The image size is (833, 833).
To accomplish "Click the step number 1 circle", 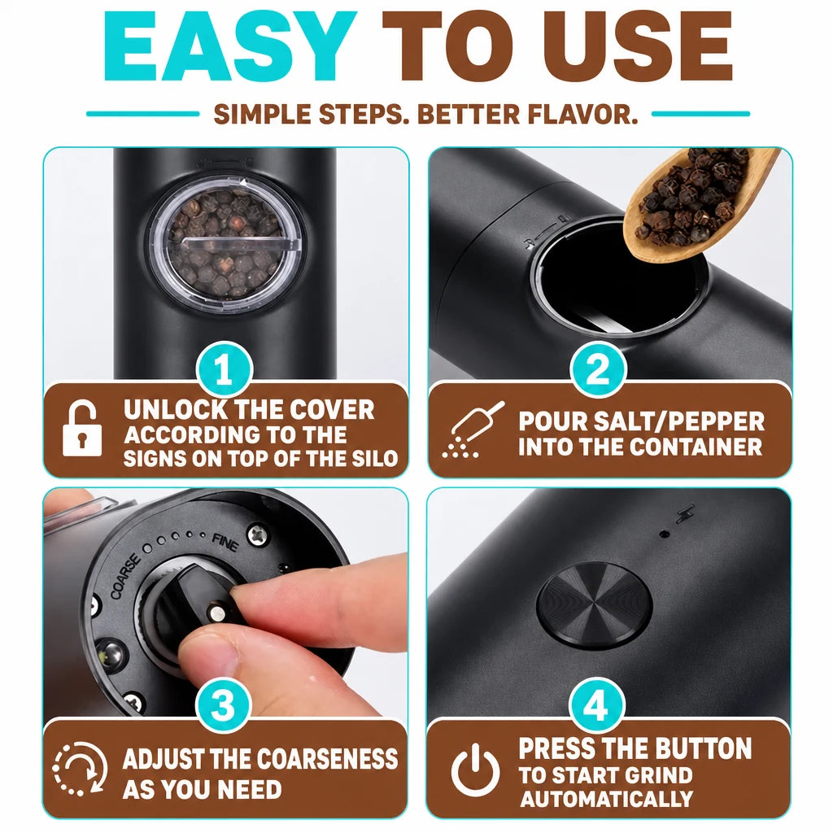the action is click(224, 369).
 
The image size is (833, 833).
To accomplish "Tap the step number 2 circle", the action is click(598, 369).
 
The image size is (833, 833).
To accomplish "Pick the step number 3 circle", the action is click(223, 706).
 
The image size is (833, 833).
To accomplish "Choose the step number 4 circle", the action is click(596, 706).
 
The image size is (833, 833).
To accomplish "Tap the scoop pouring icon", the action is click(473, 430).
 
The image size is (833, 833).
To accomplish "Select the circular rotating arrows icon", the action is click(80, 768).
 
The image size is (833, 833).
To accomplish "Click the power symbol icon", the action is click(475, 770).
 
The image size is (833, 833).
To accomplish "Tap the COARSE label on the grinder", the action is click(126, 576).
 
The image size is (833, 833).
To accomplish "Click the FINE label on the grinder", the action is click(225, 543).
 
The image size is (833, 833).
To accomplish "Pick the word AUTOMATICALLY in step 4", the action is click(607, 799).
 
